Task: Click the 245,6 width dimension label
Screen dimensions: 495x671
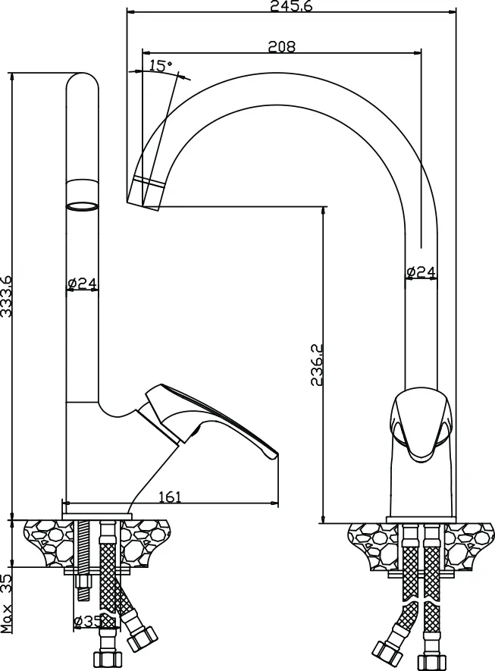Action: [291, 5]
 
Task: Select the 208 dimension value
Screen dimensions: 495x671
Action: [281, 46]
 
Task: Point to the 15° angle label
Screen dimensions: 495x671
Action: [161, 65]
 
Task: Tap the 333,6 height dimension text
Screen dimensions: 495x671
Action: [6, 296]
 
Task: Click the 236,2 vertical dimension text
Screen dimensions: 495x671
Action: [317, 365]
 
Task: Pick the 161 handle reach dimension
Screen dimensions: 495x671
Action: [171, 497]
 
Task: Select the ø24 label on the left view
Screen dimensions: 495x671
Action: [83, 283]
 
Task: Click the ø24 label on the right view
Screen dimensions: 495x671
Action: [421, 271]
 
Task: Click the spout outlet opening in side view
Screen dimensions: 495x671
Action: [82, 205]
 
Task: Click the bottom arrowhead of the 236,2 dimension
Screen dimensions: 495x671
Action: [324, 518]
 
